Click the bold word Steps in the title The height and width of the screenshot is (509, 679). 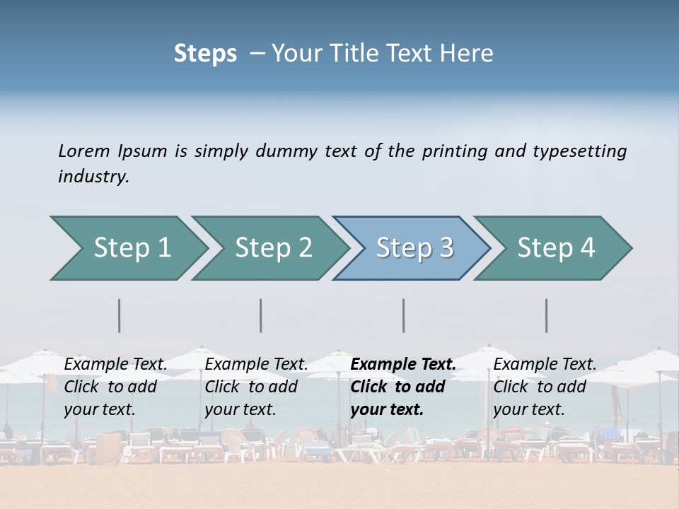(x=205, y=54)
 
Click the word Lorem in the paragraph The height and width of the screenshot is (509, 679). (x=84, y=151)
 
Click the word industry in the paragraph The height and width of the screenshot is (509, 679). (x=93, y=176)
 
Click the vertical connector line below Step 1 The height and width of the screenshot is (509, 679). (x=120, y=315)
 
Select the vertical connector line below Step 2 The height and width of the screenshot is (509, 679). (x=261, y=315)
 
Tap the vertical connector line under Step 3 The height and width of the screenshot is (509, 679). (x=403, y=315)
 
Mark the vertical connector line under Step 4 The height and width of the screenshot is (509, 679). (x=546, y=315)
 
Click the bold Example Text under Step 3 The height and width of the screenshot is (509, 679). (x=403, y=364)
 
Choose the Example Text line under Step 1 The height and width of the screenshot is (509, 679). (x=116, y=364)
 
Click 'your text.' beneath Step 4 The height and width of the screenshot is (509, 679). (x=529, y=409)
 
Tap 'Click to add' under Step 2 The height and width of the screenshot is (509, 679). (x=251, y=387)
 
